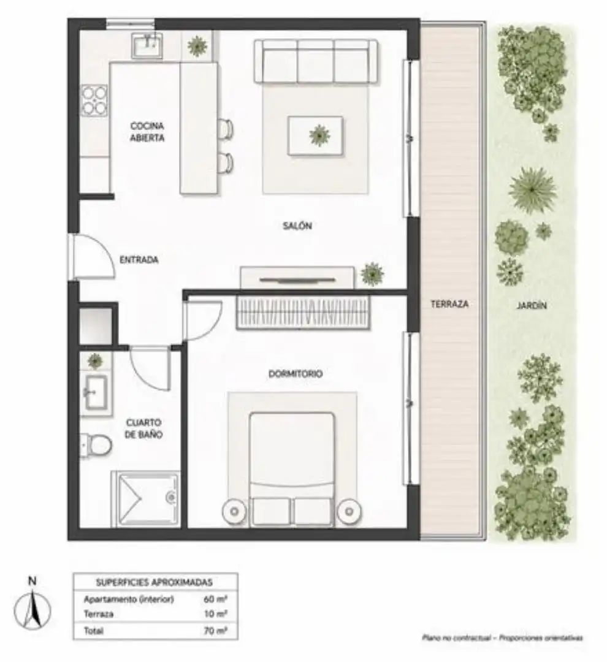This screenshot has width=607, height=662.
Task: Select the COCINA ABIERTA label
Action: point(147,132)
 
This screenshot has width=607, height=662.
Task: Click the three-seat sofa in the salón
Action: point(316,61)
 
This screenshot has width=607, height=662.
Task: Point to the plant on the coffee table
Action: point(319,135)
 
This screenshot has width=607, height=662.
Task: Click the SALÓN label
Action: point(297,226)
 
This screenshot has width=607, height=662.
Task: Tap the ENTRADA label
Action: point(139,260)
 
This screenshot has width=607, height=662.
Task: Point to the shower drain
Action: point(171,497)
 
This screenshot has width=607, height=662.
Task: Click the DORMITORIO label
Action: point(296,374)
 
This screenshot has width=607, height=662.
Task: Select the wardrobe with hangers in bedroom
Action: point(303,311)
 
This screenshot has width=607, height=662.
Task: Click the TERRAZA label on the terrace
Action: point(449,303)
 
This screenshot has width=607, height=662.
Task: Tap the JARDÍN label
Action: point(532,305)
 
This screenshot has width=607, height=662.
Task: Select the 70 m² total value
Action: point(216,631)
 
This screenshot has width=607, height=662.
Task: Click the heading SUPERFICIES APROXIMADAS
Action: point(154,583)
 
